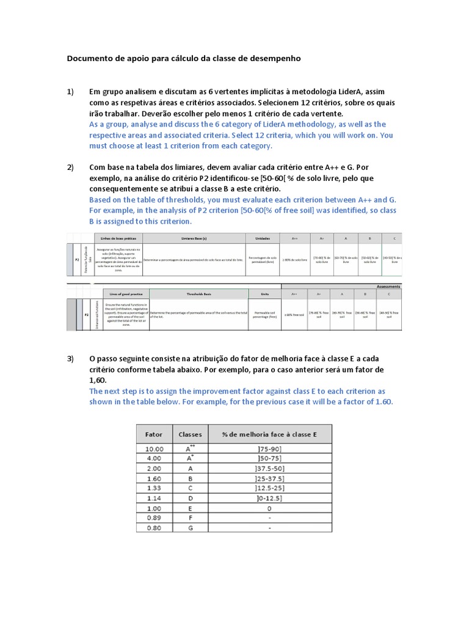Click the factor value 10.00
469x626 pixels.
[154, 449]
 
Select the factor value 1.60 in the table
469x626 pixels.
[154, 479]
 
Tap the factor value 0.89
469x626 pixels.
[154, 518]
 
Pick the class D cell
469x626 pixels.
[189, 499]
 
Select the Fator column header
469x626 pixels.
[154, 434]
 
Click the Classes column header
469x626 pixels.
[190, 434]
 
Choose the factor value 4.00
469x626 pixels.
[154, 458]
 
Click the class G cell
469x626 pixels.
[189, 528]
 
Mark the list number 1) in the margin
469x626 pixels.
[70, 92]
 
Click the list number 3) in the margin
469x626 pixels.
[70, 358]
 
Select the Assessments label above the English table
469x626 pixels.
[389, 286]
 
